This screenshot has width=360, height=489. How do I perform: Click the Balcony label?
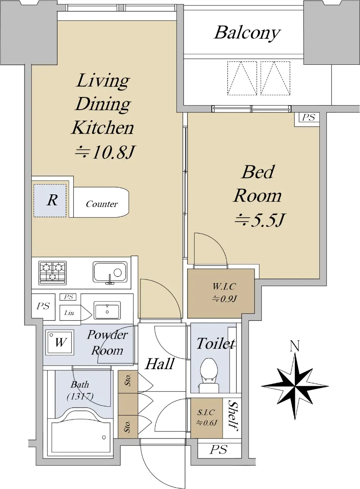point(247,33)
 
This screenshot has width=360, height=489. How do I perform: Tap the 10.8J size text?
point(104,152)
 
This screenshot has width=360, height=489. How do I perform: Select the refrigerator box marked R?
point(50,200)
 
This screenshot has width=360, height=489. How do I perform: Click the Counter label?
point(102,204)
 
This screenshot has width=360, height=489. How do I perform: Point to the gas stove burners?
point(53,273)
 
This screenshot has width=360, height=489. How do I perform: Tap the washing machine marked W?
point(60,342)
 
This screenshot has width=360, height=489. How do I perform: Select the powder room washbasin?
point(107,310)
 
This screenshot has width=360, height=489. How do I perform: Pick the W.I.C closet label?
point(224,293)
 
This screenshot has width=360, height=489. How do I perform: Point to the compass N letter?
point(295,346)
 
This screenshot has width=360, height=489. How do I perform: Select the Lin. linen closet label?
point(69,313)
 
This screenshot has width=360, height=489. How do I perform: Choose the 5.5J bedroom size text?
point(260,220)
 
